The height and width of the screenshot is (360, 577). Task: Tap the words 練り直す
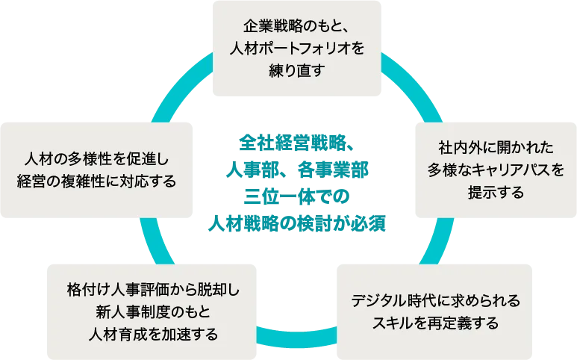point(296,70)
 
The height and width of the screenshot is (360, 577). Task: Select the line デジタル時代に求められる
point(434,301)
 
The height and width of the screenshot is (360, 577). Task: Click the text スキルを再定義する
point(434,323)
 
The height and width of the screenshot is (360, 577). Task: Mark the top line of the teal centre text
point(296,141)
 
